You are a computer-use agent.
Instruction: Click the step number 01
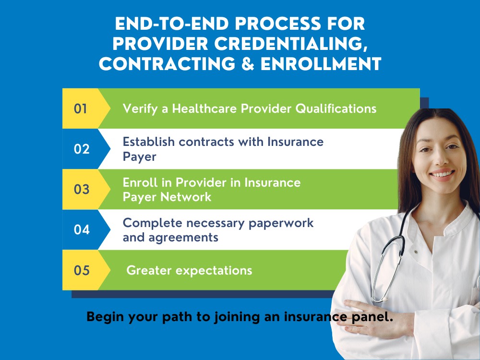tap(81, 108)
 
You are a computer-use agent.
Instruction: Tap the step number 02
tap(82, 149)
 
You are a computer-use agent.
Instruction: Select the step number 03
tap(82, 189)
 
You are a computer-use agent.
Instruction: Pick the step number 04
tap(82, 229)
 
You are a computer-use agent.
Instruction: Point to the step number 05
tap(82, 270)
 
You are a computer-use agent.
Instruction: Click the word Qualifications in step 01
tap(336, 109)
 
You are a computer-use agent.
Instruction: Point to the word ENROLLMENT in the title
tap(320, 64)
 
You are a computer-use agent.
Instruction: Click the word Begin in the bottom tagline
tap(104, 317)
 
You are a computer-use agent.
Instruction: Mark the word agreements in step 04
tap(170, 237)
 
